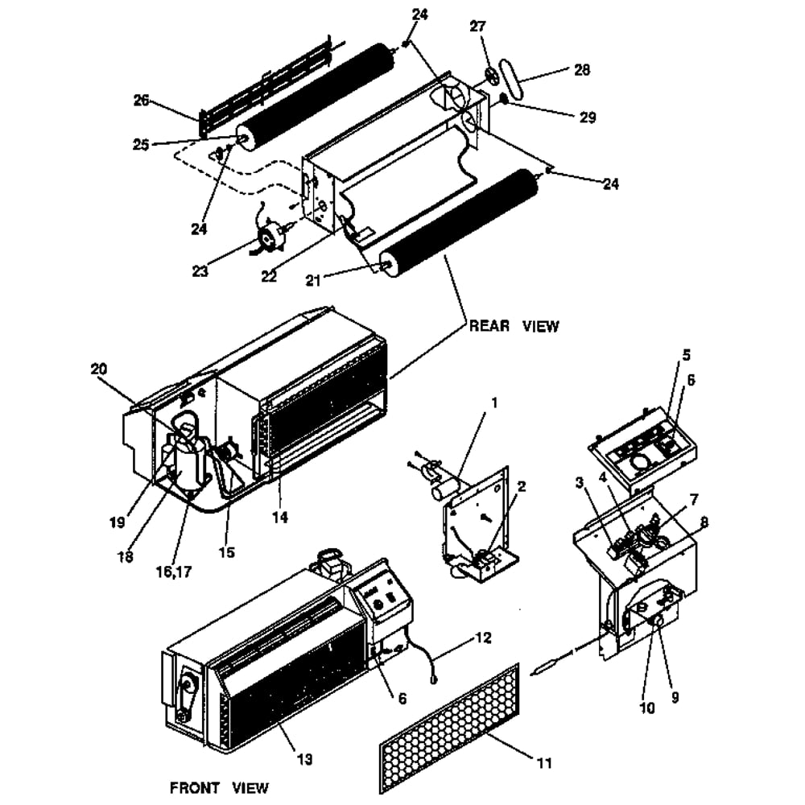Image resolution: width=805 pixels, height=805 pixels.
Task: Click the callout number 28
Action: click(582, 70)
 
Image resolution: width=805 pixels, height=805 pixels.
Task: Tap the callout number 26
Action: click(141, 100)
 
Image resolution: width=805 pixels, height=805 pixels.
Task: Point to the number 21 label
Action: click(312, 280)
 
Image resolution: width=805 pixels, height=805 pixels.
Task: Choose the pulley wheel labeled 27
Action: click(491, 76)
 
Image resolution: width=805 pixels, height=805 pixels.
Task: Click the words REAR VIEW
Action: click(514, 326)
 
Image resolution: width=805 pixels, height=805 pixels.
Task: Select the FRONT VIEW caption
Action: click(219, 787)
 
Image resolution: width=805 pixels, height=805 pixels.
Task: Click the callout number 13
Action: click(304, 759)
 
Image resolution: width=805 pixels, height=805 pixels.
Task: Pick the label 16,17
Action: click(174, 572)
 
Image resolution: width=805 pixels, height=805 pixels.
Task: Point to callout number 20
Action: click(99, 369)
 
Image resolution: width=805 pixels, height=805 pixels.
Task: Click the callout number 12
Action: click(483, 638)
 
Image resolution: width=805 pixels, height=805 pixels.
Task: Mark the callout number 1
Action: click(494, 403)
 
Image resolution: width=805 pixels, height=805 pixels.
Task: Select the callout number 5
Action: click(687, 355)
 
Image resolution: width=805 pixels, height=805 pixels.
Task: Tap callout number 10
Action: click(647, 708)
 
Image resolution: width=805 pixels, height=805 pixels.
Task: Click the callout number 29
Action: click(588, 118)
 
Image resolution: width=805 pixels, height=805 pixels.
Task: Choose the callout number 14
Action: click(280, 518)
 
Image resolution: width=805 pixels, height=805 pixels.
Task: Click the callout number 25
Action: click(141, 145)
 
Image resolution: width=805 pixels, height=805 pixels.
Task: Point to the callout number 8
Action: click(704, 522)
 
